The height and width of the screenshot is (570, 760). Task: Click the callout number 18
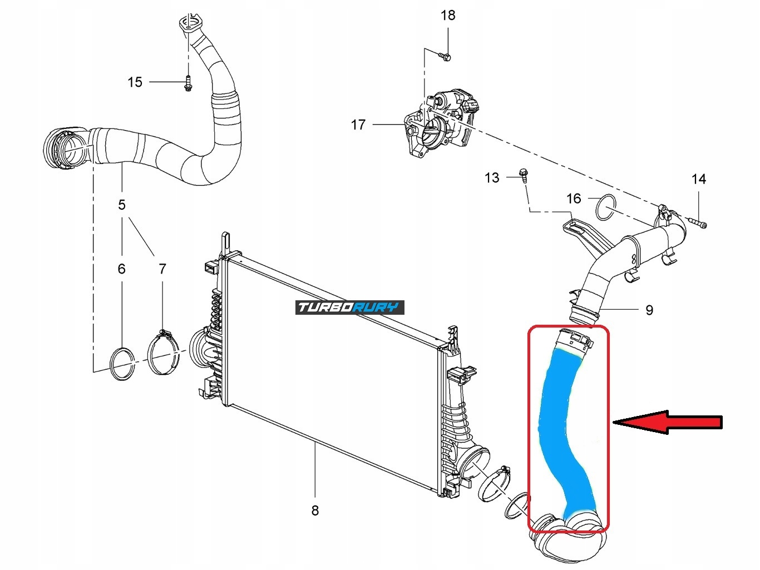[448, 15]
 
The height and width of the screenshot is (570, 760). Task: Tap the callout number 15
[135, 82]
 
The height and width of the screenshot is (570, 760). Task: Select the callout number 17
[358, 125]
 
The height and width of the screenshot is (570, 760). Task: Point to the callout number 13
[492, 178]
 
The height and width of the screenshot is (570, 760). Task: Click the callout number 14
[699, 179]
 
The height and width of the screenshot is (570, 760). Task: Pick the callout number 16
[574, 199]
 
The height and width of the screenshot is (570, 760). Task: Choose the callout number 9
[649, 310]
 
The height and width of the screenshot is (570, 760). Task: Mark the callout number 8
[315, 510]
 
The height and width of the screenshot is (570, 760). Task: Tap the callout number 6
[122, 269]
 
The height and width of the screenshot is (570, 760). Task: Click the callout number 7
[162, 269]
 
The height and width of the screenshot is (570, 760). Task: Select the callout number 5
[122, 205]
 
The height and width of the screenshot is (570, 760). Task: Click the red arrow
[668, 423]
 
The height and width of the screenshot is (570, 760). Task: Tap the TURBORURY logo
[349, 308]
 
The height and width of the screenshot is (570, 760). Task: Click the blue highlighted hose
[562, 428]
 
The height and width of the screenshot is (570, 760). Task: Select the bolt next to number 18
[445, 56]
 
